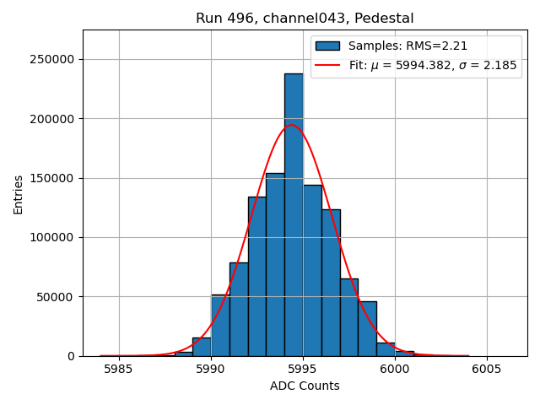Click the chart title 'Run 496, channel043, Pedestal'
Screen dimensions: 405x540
point(305,19)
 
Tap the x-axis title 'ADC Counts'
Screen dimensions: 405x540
point(305,386)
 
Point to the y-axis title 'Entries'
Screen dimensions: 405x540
point(19,194)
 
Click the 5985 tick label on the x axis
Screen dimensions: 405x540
point(118,369)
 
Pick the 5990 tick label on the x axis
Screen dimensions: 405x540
point(210,369)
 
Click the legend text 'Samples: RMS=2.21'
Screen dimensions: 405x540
point(408,46)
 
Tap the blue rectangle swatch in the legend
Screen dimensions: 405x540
point(327,46)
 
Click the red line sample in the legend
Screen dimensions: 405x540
point(327,65)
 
